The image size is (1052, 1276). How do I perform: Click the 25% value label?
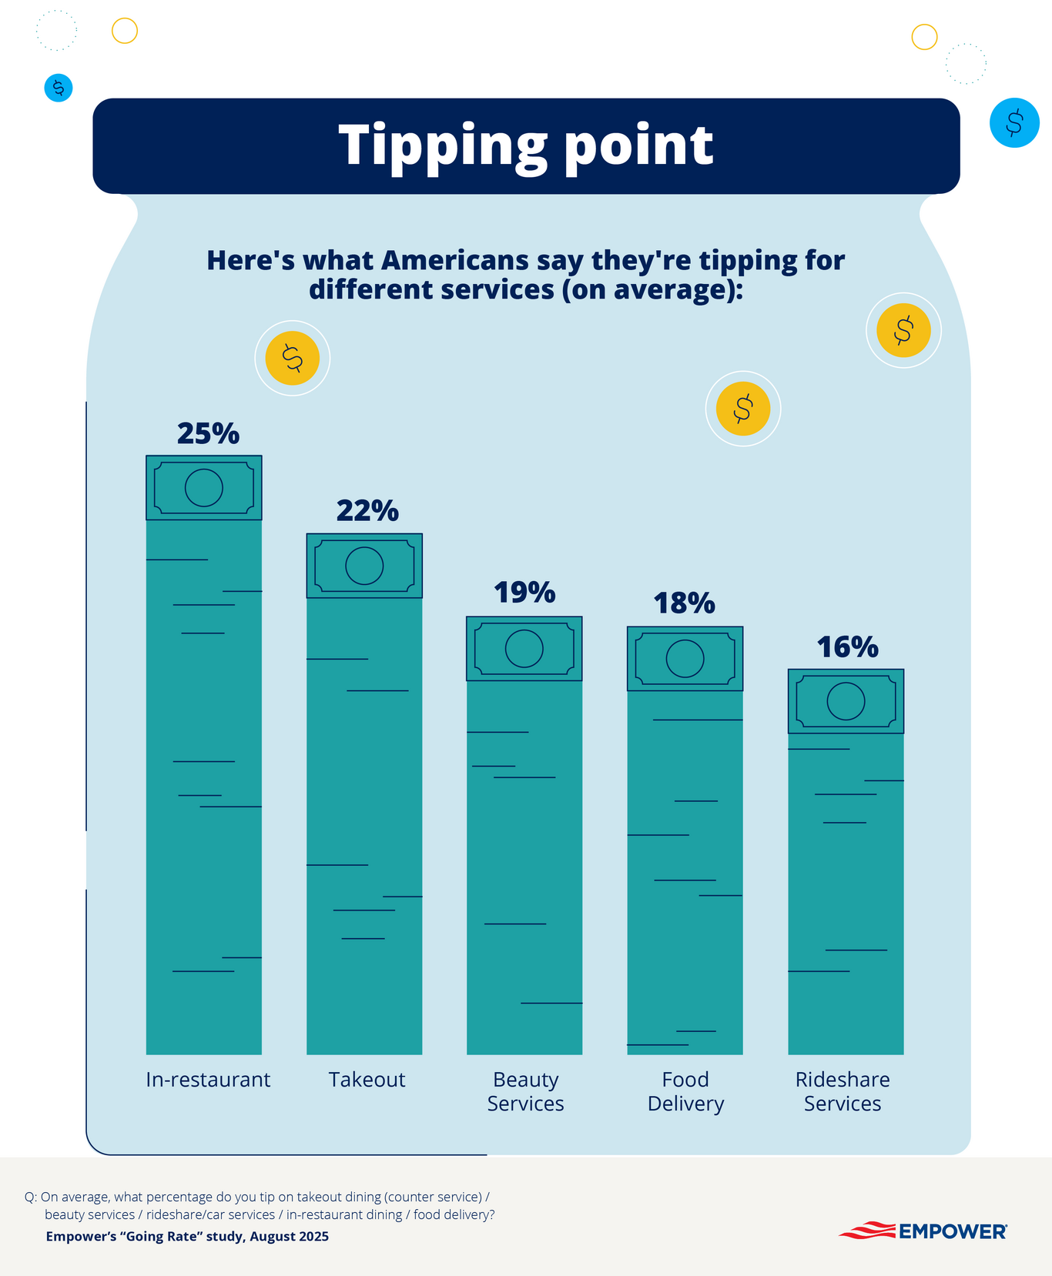tap(208, 434)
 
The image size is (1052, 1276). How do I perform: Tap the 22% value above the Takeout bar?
tap(367, 511)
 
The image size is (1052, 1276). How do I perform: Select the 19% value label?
tap(524, 593)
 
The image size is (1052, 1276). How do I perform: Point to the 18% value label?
tap(685, 603)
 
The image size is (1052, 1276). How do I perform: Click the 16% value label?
tap(847, 648)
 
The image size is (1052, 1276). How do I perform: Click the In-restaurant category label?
tap(208, 1080)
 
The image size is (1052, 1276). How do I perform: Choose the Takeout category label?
tap(367, 1080)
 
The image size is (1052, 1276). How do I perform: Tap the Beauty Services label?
tap(525, 1091)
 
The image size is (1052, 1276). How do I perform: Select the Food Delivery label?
tap(685, 1091)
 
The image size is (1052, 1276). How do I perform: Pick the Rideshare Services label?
tap(843, 1091)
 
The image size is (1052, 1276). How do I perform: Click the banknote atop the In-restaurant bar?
tap(204, 488)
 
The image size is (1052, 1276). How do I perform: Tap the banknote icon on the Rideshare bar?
tap(846, 701)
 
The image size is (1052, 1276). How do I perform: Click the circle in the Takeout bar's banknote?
tap(364, 566)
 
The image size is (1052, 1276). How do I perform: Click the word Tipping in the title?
tap(442, 145)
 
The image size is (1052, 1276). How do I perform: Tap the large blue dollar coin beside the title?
tap(1014, 122)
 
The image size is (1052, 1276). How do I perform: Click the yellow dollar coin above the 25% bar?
tap(292, 358)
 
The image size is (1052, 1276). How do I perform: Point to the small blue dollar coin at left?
tap(59, 88)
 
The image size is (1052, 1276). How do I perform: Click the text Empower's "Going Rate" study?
tap(187, 1237)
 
